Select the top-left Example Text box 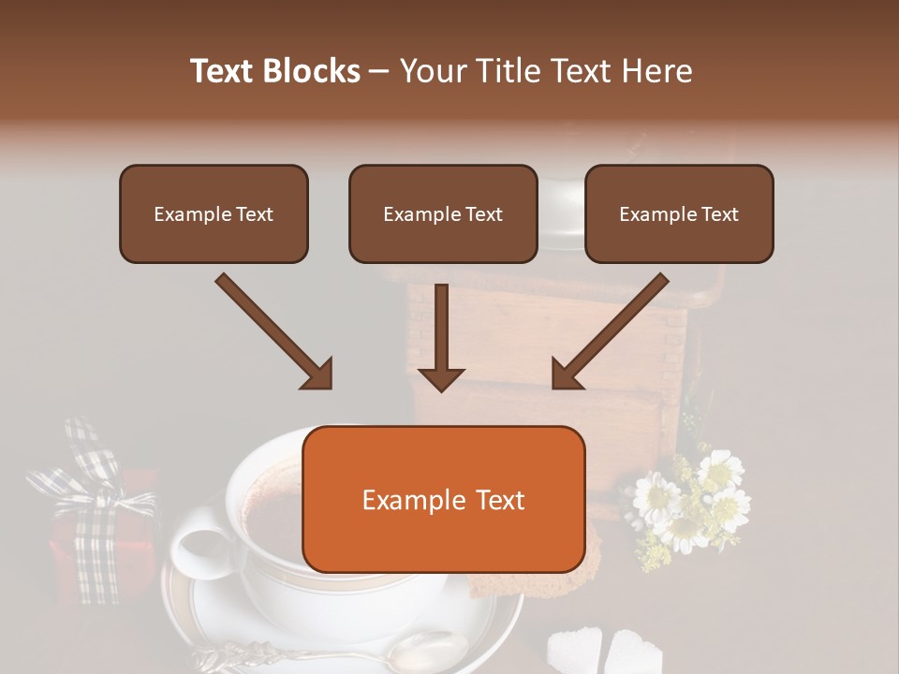point(214,214)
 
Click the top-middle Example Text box point(443,214)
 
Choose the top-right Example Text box point(679,214)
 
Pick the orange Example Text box point(443,499)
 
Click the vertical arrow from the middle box point(441,337)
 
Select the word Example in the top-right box point(653,214)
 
